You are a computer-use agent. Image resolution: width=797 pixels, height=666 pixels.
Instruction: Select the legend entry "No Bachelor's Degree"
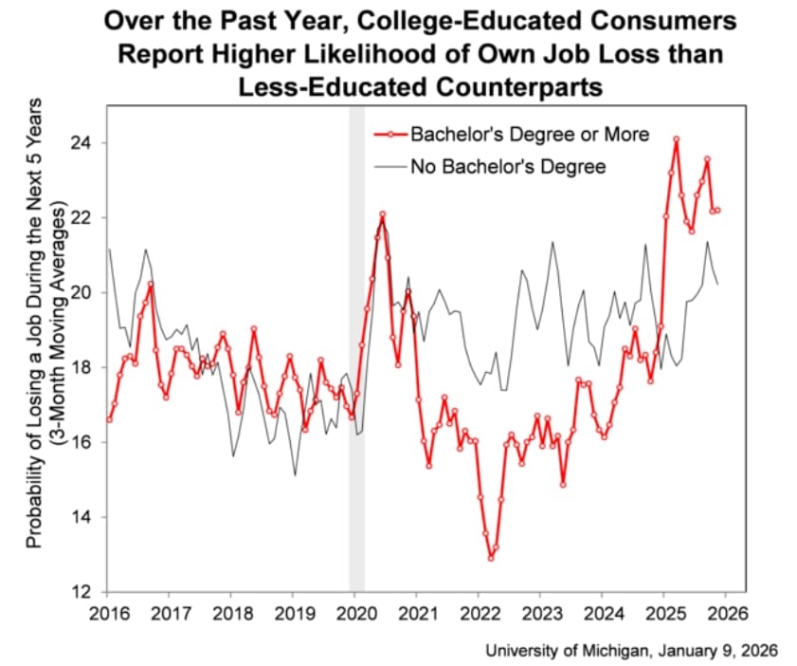pos(508,167)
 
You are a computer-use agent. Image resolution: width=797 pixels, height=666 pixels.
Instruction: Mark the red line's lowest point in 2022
pos(491,558)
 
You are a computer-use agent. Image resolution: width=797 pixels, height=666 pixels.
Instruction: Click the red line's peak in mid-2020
pos(382,214)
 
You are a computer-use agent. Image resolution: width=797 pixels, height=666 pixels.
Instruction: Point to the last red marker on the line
pos(717,210)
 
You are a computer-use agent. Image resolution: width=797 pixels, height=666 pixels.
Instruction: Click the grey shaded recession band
pos(357,379)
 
